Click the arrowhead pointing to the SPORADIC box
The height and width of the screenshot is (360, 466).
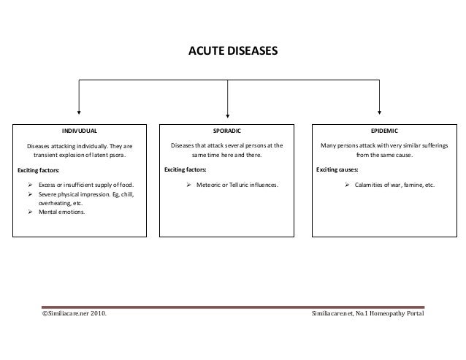[229, 112]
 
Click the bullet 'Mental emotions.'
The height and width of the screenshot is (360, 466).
[61, 212]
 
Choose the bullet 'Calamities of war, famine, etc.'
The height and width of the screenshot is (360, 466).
[394, 185]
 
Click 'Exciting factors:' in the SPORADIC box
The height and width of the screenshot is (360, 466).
[185, 170]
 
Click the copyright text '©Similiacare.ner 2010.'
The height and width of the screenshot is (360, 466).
[73, 313]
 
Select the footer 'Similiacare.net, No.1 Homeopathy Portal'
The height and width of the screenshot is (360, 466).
[367, 313]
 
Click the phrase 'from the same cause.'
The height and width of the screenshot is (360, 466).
[383, 156]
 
